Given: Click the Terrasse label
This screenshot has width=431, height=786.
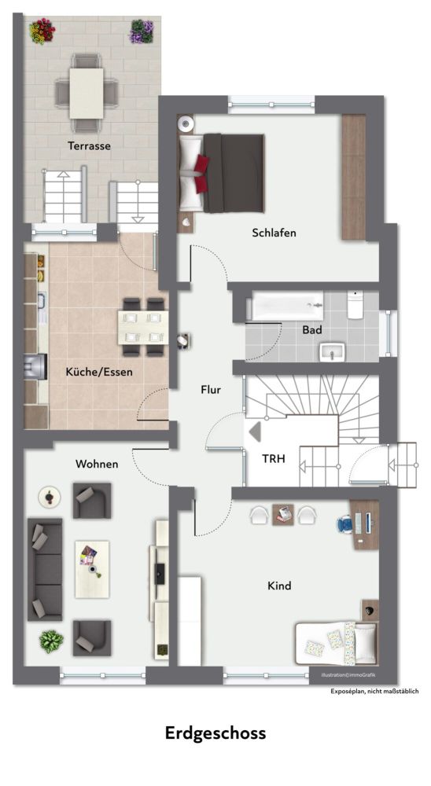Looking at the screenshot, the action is coord(90,146).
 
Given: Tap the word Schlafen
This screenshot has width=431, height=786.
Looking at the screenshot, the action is coord(274,233).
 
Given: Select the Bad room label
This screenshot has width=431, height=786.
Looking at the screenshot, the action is coord(312,330).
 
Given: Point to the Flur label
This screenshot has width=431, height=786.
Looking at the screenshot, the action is coord(211,390).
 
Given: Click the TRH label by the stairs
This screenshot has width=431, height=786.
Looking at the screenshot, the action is coord(274,458).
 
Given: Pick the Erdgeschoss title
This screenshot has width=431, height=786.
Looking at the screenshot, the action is coord(215,733).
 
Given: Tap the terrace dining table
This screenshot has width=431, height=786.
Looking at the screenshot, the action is coord(87,94).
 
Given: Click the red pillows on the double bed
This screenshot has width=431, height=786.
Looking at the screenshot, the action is coord(201,167).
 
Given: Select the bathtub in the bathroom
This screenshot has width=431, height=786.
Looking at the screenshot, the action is coord(287,307).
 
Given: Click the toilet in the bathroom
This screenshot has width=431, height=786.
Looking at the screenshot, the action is coord(355,305).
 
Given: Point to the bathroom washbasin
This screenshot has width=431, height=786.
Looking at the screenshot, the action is coord(332,352).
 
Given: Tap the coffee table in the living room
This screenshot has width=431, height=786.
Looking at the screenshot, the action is coord(92,569).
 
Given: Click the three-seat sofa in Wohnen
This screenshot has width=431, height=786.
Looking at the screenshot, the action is coord(45,569).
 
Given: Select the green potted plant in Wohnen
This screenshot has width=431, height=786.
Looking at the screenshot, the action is coord(52,641).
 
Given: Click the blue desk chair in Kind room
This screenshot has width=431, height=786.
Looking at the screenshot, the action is coord(346,523).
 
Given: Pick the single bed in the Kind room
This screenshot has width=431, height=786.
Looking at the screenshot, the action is coord(336,644).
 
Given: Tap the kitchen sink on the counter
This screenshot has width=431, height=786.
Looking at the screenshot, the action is coord(42,301).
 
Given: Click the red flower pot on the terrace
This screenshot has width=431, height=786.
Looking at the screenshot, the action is coord(42,31).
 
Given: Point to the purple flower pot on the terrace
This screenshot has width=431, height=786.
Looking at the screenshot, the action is coord(142,31).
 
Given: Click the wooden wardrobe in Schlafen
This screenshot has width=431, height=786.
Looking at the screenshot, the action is coord(354,178).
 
